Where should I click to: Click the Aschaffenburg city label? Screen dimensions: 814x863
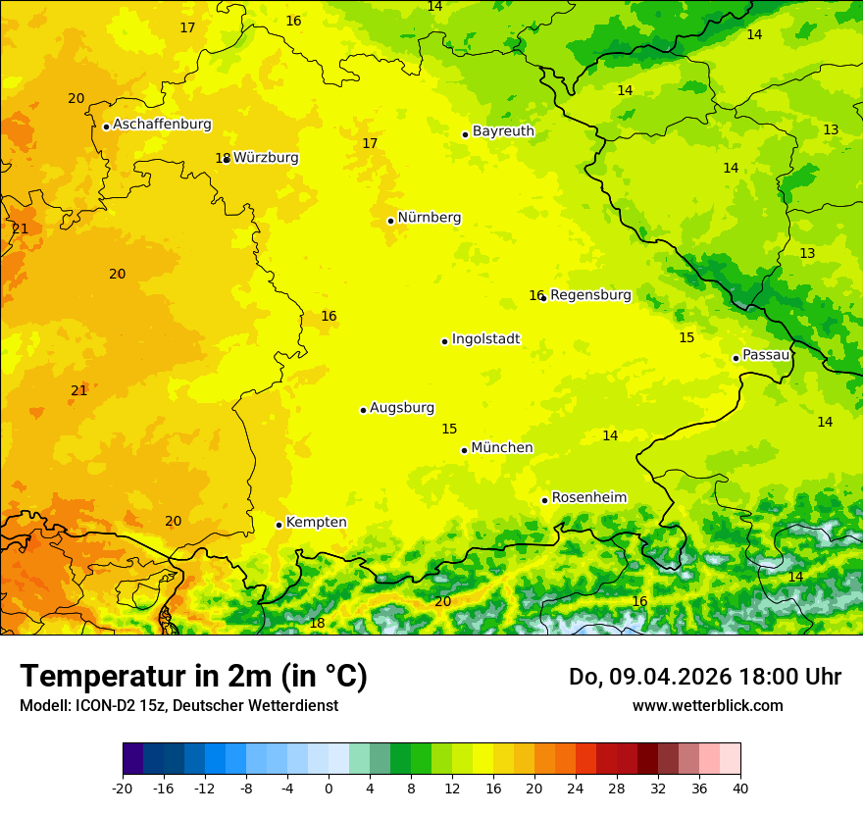pos(162,125)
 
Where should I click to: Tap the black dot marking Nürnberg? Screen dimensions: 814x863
pos(390,221)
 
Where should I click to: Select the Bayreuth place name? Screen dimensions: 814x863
pos(503,131)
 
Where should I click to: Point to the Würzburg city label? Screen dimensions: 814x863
pos(266,158)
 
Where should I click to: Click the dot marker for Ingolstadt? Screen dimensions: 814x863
pos(444,341)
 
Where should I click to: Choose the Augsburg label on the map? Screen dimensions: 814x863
pos(402,408)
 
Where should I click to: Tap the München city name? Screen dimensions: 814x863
pos(502,448)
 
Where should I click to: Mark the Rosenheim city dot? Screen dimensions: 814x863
pos(544,500)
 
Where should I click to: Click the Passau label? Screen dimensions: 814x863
pos(766,355)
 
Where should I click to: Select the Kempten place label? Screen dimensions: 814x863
pos(316,523)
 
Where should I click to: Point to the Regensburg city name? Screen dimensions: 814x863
pos(590,295)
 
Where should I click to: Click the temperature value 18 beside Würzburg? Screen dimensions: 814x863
pos(223,158)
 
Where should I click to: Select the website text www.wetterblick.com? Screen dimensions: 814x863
pos(707,705)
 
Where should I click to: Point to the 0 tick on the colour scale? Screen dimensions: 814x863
pos(329,789)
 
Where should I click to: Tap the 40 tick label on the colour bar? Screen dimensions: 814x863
pos(739,789)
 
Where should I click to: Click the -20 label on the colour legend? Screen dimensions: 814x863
pos(123,789)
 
